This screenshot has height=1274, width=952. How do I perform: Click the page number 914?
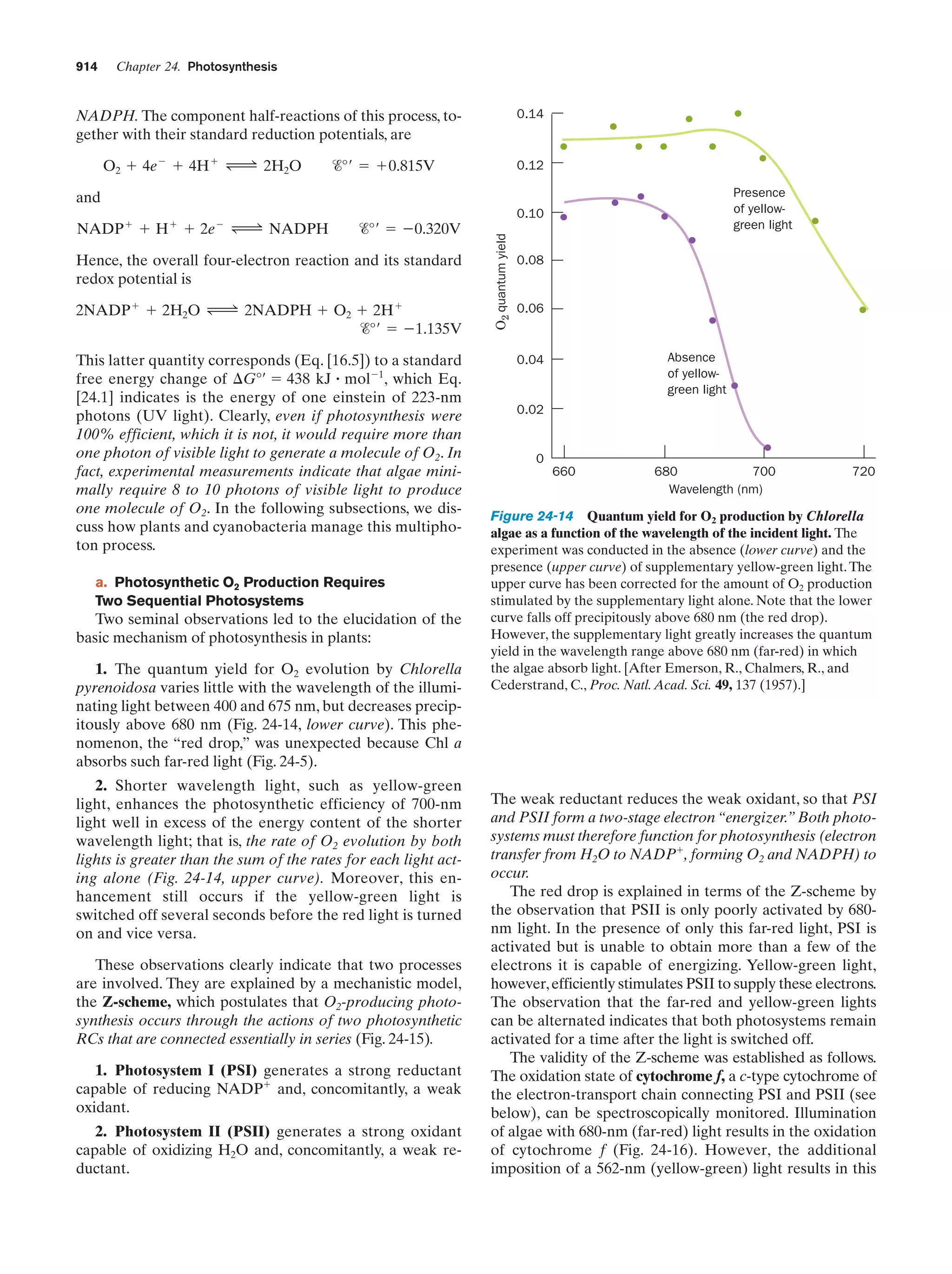pos(86,67)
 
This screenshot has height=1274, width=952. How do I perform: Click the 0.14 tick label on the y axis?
pos(530,114)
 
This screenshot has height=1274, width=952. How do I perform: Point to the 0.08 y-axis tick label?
pos(530,260)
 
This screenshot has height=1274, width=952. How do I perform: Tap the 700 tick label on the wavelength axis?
pos(764,471)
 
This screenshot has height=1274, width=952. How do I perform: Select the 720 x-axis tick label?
pos(863,471)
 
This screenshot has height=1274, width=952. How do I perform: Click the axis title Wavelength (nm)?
pos(715,489)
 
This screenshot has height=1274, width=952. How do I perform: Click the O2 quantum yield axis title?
pos(502,282)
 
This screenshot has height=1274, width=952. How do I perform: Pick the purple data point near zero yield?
pos(767,448)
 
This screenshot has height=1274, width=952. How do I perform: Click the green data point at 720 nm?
pos(863,310)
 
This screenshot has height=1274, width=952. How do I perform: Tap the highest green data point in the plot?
pos(738,113)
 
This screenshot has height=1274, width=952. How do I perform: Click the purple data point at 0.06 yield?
pos(713,320)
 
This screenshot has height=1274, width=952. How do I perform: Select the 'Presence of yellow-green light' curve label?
pos(762,209)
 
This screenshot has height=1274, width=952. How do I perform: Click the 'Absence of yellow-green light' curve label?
pos(696,373)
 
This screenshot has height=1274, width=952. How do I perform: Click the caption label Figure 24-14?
pos(532,516)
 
